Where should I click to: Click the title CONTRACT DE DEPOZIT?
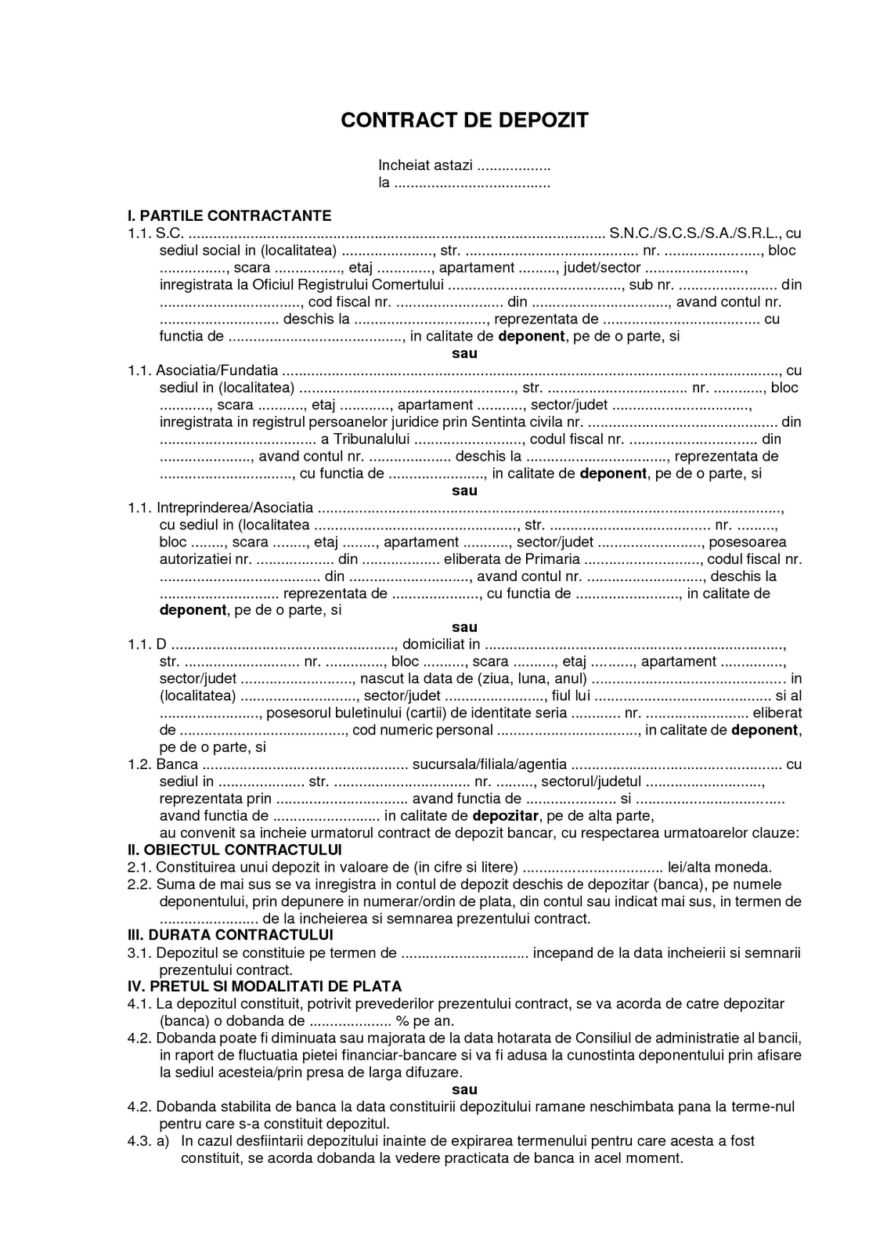[x=464, y=120]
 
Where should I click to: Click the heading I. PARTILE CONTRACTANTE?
[x=229, y=215]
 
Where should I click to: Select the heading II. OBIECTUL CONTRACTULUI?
[x=235, y=850]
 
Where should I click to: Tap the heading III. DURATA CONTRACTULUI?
[x=230, y=935]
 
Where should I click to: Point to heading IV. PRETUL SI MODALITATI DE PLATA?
[x=265, y=986]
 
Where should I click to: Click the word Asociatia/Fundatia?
[x=217, y=370]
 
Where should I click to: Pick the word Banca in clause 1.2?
[x=177, y=764]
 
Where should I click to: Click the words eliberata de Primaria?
[x=511, y=559]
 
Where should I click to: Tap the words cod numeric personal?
[x=423, y=730]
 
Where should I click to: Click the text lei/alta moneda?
[x=719, y=867]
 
